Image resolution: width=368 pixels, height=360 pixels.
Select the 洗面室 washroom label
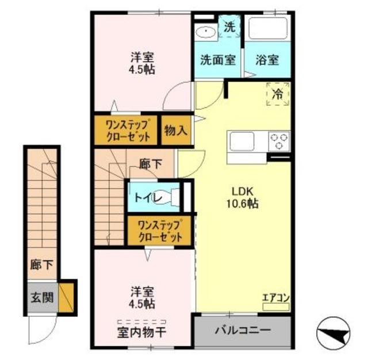tap(217, 59)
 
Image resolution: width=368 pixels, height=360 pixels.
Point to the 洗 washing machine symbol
tap(229, 26)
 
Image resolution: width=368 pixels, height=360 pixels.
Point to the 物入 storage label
tap(175, 131)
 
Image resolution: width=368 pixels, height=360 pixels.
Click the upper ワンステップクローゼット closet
tap(125, 130)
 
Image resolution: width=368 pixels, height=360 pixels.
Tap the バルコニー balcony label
tap(242, 331)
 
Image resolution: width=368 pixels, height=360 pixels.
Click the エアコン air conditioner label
tap(275, 297)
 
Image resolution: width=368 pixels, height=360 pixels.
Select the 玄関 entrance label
tap(42, 297)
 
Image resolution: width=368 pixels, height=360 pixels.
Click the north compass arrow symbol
tap(336, 332)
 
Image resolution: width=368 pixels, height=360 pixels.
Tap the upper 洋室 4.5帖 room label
tap(142, 63)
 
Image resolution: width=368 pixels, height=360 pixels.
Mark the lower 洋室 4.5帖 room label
tap(142, 297)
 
